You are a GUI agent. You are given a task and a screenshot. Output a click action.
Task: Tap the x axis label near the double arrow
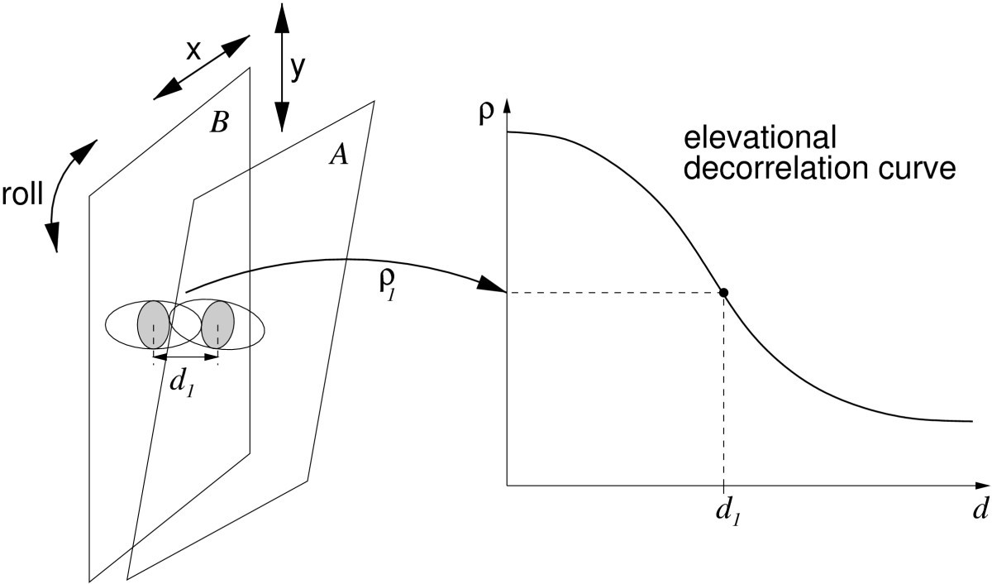(193, 51)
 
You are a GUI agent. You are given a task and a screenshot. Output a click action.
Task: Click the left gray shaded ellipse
(154, 323)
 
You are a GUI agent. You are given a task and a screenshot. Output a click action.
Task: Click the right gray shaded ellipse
(218, 323)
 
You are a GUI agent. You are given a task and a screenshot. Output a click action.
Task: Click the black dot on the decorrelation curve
(723, 292)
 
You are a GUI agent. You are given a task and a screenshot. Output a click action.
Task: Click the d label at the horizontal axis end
(980, 509)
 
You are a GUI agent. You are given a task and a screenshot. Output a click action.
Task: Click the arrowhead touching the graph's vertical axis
(493, 286)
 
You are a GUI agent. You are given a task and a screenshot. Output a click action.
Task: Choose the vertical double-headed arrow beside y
(279, 66)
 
